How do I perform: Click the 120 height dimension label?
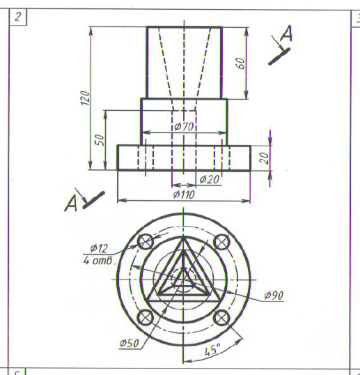[85, 98]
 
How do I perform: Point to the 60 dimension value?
[241, 63]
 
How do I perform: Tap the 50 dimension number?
[100, 139]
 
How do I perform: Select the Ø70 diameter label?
[184, 126]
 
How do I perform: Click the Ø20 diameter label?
[210, 179]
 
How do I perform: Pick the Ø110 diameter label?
[184, 194]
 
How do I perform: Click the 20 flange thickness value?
[264, 158]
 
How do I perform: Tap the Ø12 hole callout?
[99, 248]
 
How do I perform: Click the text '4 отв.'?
[100, 261]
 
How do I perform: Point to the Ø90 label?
[274, 296]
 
